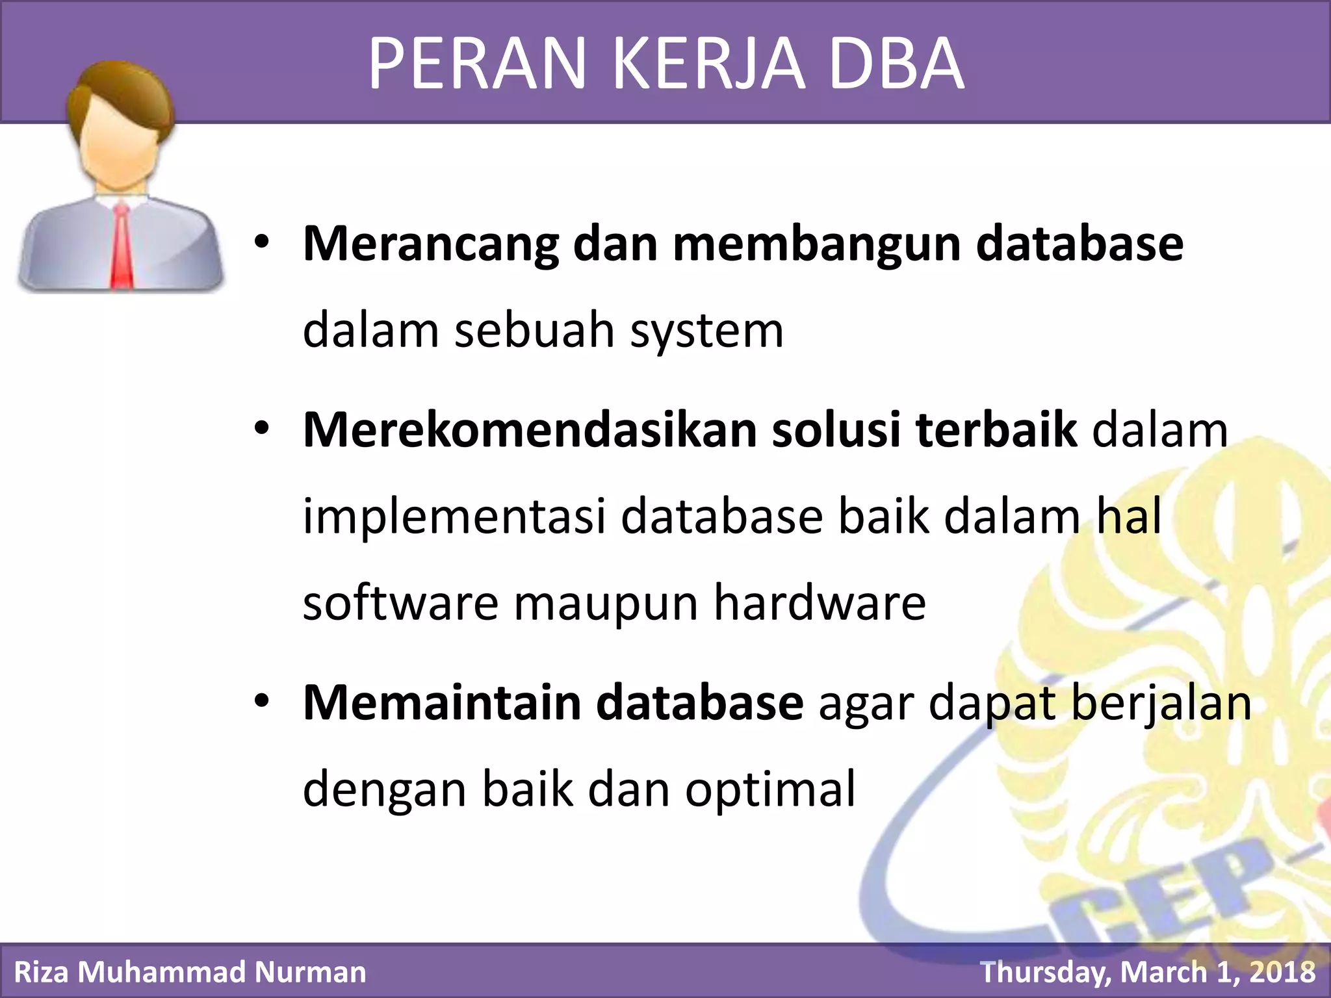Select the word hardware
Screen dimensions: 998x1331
820,603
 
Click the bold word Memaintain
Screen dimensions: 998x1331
441,703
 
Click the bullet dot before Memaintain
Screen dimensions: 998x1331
261,702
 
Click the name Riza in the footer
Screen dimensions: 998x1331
42,972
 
